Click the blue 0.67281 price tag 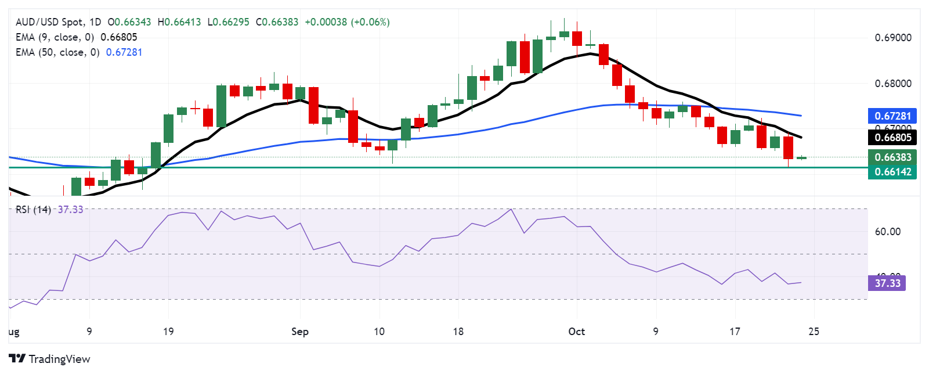point(892,116)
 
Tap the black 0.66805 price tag point(892,138)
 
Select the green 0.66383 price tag point(892,157)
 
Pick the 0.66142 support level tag point(892,172)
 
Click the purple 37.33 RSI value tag point(887,283)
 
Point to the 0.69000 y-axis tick point(892,38)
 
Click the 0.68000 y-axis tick point(892,84)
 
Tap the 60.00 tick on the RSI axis point(887,232)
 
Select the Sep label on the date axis point(299,332)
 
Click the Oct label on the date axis point(576,332)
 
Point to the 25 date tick point(814,332)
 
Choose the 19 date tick point(168,332)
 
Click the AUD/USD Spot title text point(49,22)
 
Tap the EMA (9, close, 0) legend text point(55,37)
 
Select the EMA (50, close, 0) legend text point(57,52)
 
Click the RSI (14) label point(33,210)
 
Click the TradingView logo point(50,359)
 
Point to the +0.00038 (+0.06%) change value point(347,22)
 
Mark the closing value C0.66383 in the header point(277,22)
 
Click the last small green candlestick point(801,157)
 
